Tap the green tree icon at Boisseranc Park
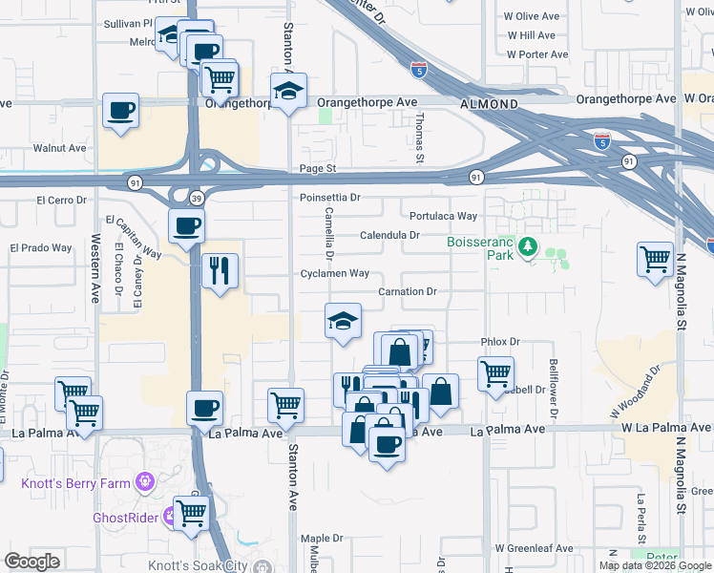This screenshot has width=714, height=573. point(527,249)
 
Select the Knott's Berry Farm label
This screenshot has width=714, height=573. point(75,483)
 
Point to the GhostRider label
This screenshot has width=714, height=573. point(125,518)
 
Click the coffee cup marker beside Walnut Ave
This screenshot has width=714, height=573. point(121,111)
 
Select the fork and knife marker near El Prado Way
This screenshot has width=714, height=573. point(220,270)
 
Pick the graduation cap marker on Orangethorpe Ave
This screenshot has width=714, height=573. point(287,91)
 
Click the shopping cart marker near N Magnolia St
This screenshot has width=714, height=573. point(655,259)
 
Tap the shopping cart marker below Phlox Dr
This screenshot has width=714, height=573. point(495,373)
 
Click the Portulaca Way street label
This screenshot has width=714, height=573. point(443,216)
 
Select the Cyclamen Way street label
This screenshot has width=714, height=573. point(334,273)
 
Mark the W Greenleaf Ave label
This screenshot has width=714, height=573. point(534,549)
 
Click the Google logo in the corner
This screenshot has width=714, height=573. point(31,562)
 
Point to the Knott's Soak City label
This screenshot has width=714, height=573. point(198,565)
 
